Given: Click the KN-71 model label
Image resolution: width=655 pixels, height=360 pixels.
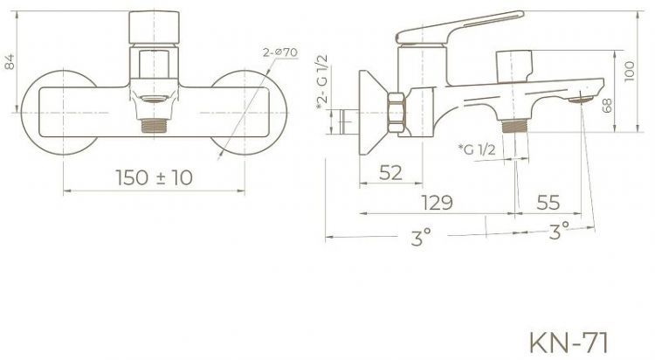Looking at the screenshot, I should coord(570,338).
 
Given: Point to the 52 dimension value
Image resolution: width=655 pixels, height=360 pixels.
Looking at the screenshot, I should coord(393,173).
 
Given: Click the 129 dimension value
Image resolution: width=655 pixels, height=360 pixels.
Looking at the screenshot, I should coord(435,203).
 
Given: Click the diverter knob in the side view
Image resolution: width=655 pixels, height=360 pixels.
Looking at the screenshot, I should coord(513,64).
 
